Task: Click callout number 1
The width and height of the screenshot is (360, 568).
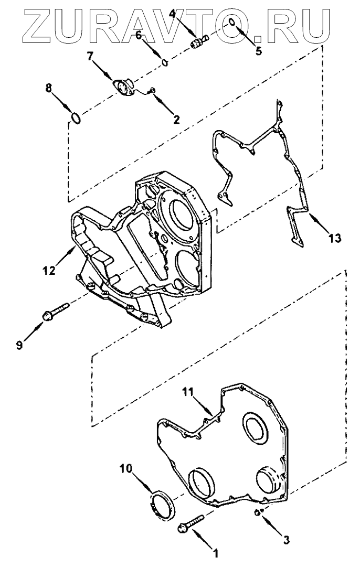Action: click(214, 552)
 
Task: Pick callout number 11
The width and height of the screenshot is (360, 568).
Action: click(188, 391)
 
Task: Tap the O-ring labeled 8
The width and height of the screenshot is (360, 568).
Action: click(77, 119)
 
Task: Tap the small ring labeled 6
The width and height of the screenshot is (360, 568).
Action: click(164, 63)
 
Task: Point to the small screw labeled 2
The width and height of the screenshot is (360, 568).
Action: click(152, 91)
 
